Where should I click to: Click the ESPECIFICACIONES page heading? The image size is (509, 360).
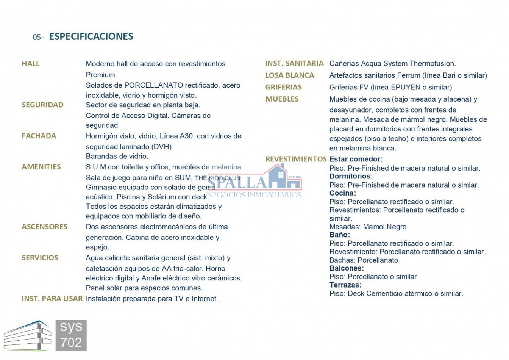91,36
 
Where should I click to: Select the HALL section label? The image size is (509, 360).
31,64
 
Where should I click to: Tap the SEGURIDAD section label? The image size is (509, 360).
42,105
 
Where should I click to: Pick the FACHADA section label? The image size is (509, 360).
39,136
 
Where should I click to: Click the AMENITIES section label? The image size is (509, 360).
41,167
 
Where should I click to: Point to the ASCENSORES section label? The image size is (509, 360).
44,227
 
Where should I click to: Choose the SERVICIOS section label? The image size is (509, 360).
40,258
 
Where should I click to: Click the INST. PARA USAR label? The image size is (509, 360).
52,299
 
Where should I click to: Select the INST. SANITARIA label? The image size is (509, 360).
294,64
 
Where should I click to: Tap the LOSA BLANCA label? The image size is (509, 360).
289,75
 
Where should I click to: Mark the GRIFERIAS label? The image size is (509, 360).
283,87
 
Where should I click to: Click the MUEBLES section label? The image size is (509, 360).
282,99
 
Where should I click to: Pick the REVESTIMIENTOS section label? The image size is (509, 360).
296,159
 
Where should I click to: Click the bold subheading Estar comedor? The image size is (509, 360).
356,159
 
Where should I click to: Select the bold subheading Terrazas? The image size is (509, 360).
345,285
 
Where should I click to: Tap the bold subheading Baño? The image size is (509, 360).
340,235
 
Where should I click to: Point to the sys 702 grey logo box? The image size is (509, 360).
71,335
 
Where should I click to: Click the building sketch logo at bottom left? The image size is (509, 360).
27,336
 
